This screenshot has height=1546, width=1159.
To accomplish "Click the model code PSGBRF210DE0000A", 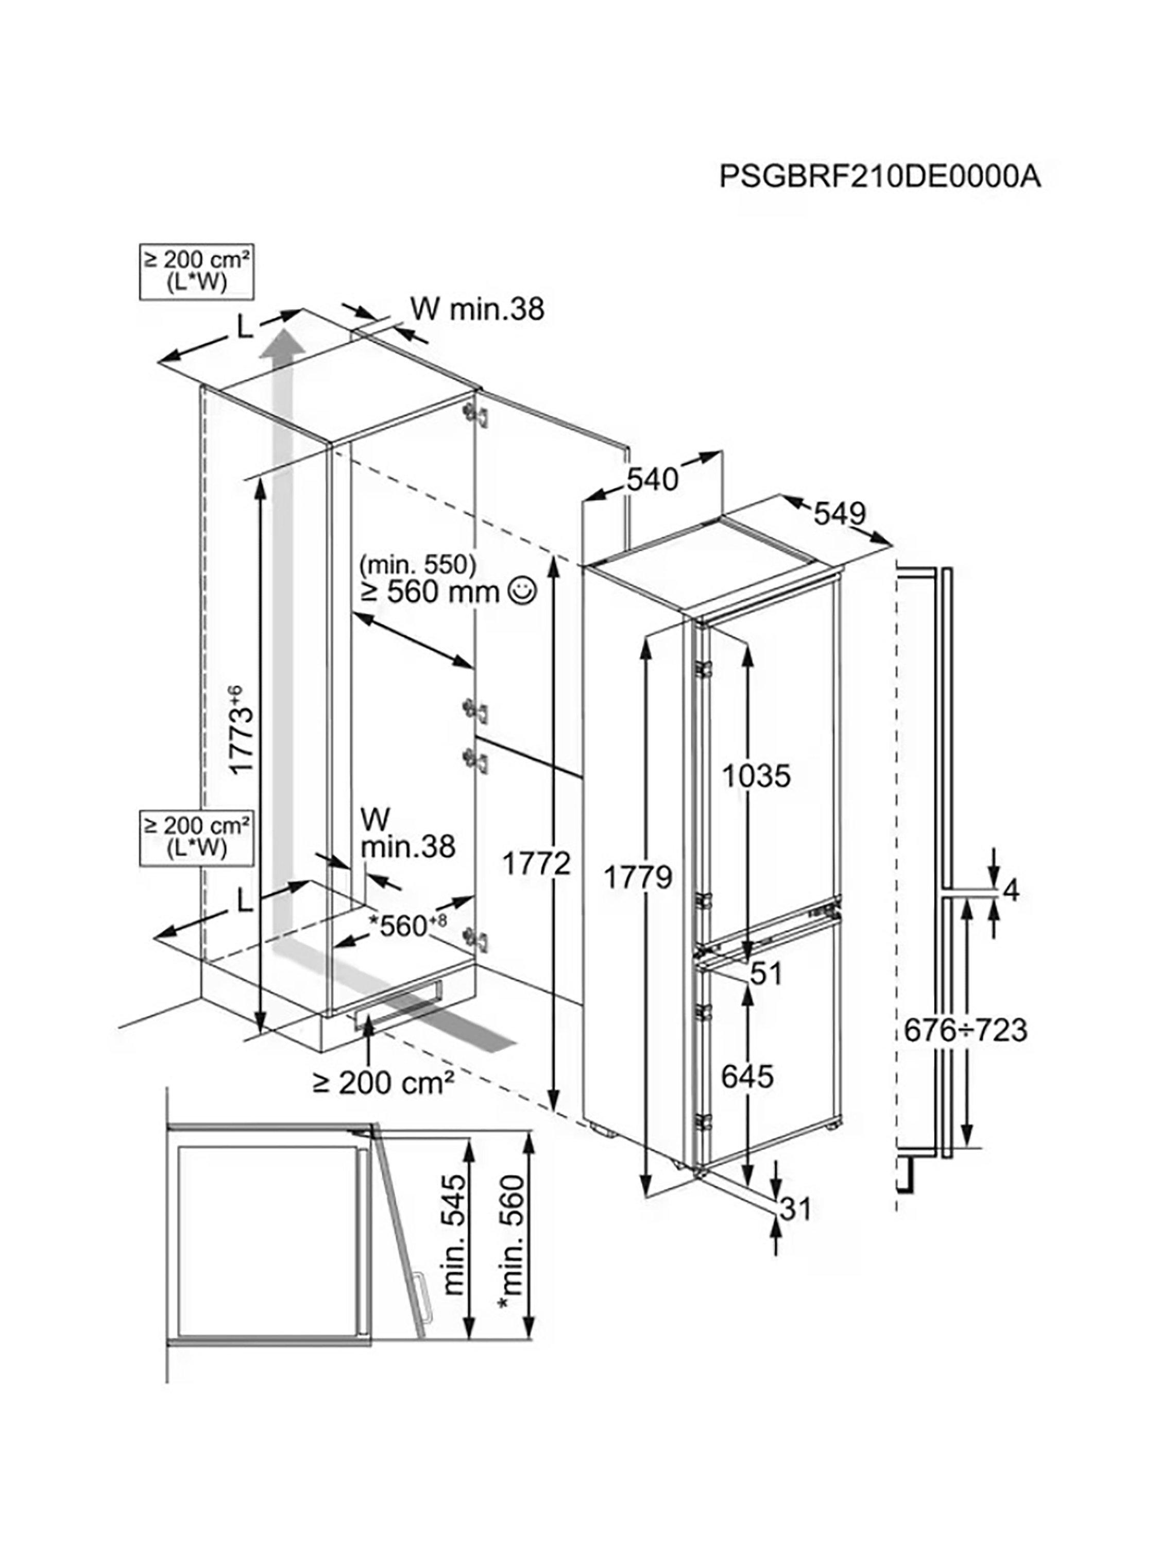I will [x=879, y=176].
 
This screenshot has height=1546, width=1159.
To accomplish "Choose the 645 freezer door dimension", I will [x=747, y=1077].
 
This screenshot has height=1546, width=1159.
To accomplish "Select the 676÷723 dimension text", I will [x=965, y=1030].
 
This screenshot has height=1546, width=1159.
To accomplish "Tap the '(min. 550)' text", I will [x=418, y=563].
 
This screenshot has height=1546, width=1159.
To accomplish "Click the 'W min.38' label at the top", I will [x=476, y=308].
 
